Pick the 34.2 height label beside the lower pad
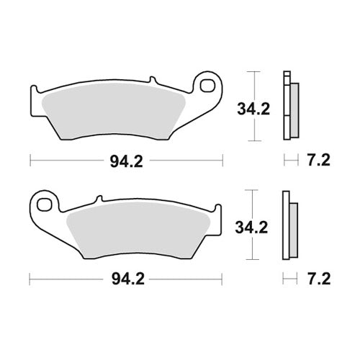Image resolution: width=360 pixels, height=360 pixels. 250,228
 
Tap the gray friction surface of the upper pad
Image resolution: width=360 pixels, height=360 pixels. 122,112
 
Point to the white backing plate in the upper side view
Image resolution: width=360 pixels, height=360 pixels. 287,108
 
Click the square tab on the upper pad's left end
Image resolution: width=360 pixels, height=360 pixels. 35,96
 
